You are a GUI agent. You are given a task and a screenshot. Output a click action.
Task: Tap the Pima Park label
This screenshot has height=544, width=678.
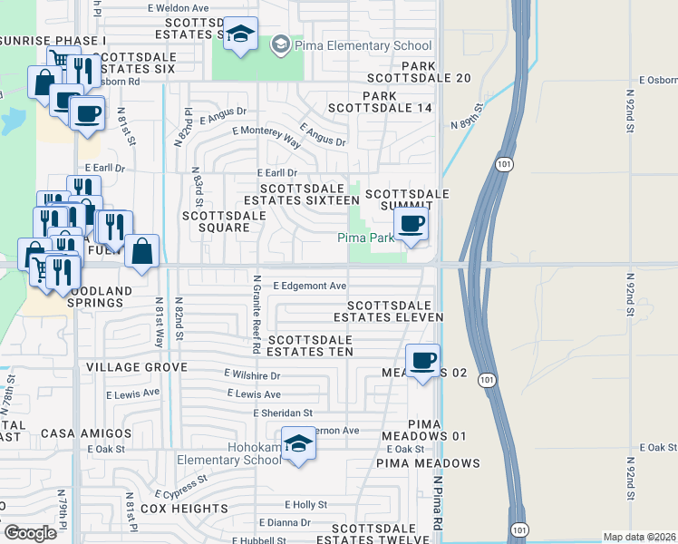(366, 238)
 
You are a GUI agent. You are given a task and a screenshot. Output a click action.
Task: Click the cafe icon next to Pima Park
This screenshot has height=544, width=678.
(412, 223)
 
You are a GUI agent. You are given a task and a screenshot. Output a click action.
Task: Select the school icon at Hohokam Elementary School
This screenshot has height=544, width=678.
(298, 443)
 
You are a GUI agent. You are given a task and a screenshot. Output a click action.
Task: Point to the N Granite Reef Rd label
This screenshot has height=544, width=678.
(257, 315)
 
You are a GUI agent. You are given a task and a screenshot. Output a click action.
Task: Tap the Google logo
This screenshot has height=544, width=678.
(30, 533)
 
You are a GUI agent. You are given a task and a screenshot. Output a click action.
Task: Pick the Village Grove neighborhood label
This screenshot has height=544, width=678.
(136, 367)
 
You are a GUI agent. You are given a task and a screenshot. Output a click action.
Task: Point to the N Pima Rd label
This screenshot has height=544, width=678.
(437, 506)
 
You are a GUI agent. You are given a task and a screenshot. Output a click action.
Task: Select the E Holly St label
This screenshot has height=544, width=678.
(305, 504)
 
